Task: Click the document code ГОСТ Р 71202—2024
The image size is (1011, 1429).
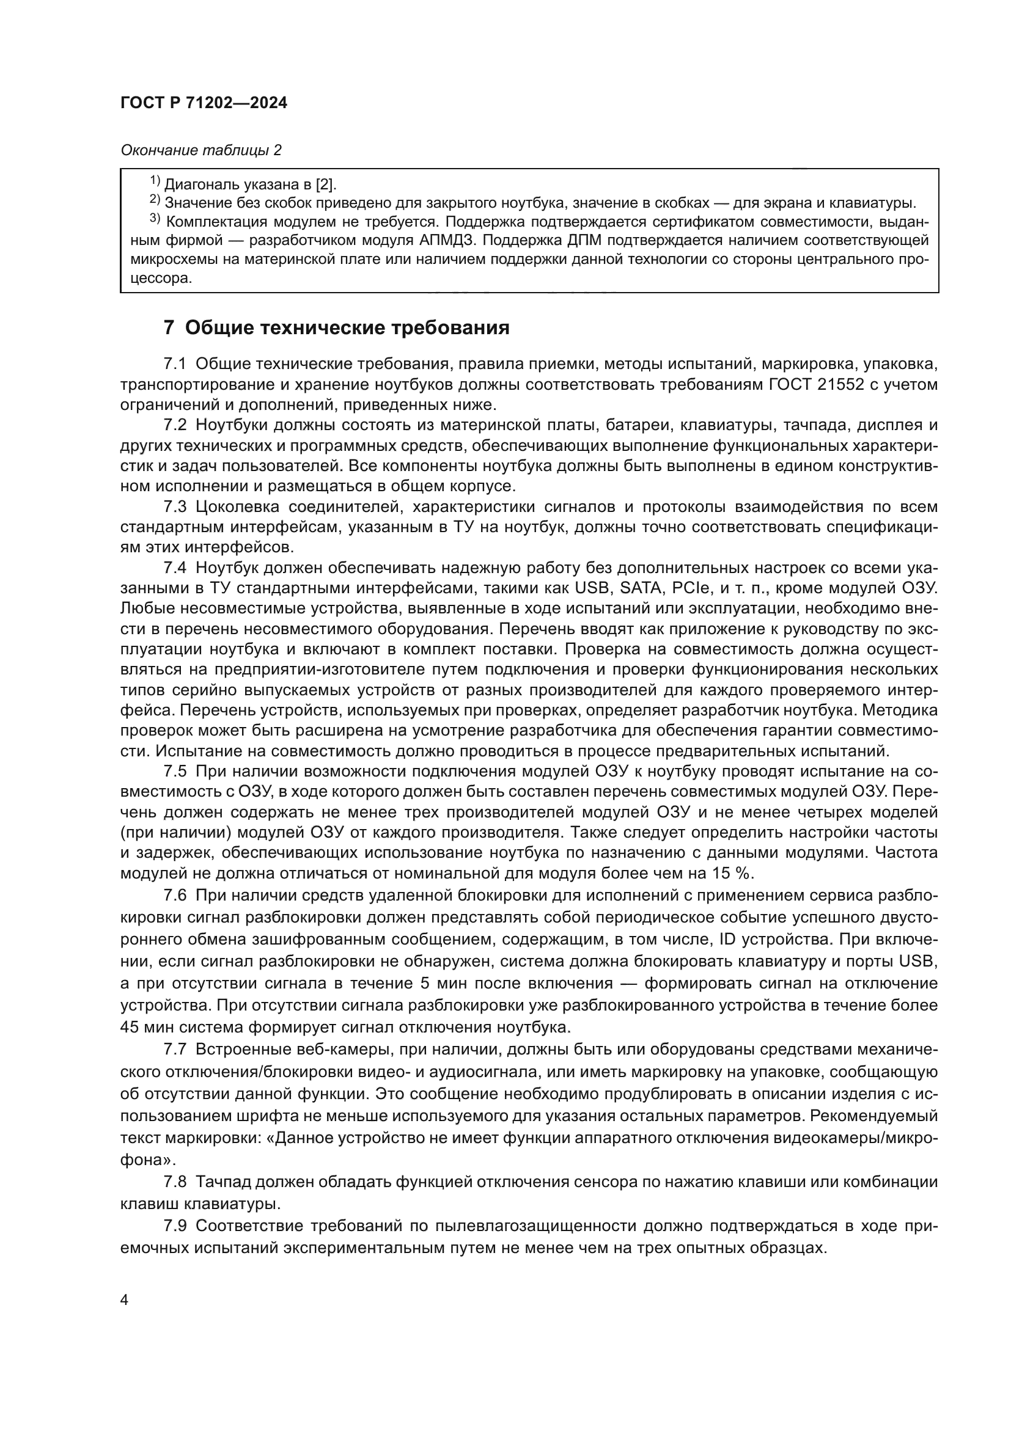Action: tap(204, 103)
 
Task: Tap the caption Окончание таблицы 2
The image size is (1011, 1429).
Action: tap(200, 150)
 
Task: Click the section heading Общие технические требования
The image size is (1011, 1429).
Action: tap(347, 327)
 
